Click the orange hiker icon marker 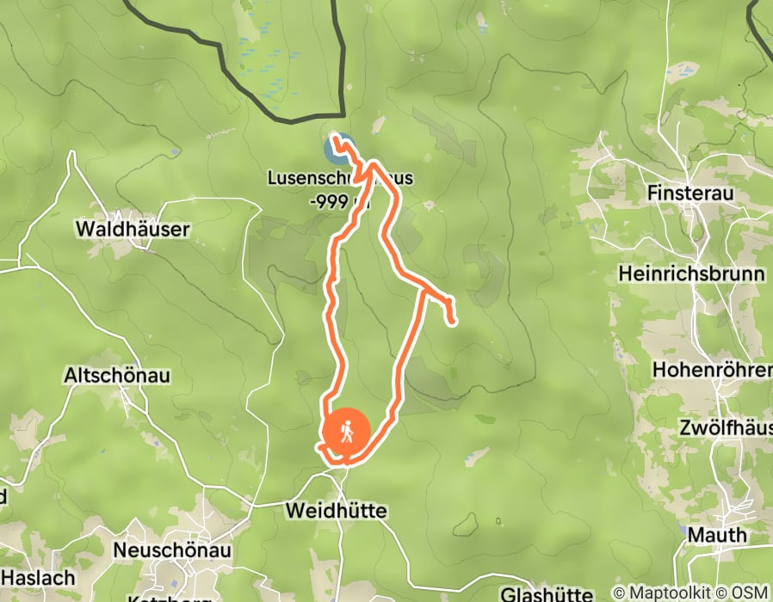(x=347, y=432)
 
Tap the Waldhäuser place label (x=133, y=230)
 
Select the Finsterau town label (x=690, y=194)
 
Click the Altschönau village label (x=117, y=376)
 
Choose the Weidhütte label (x=336, y=511)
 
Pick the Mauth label (x=717, y=535)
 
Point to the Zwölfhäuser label (x=725, y=427)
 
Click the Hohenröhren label (x=713, y=370)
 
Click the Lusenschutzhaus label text (x=340, y=179)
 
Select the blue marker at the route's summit (x=338, y=148)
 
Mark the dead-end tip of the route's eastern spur (x=453, y=323)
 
